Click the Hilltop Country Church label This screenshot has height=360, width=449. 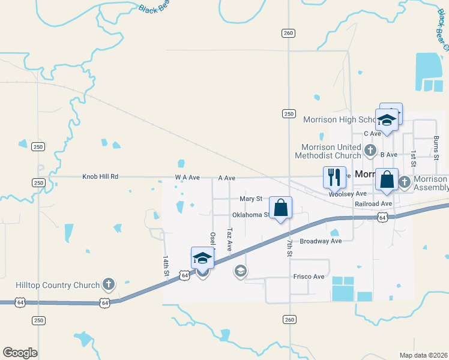tap(58, 285)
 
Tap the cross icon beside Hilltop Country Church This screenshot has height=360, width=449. tap(108, 283)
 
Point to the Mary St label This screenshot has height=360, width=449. tap(251, 198)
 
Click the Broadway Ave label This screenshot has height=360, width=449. tap(321, 241)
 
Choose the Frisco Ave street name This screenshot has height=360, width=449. tap(309, 277)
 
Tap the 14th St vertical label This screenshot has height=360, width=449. tap(166, 266)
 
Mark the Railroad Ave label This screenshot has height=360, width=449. tap(373, 204)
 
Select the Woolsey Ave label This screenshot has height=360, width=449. tap(348, 194)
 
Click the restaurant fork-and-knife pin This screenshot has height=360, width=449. tap(334, 177)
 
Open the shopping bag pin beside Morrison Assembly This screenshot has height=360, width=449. tap(387, 179)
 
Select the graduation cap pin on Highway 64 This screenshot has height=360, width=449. tap(202, 258)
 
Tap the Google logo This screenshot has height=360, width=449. tap(20, 353)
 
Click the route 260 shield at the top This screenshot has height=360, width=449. tap(288, 33)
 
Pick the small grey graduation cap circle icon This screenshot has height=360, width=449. tap(240, 272)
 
